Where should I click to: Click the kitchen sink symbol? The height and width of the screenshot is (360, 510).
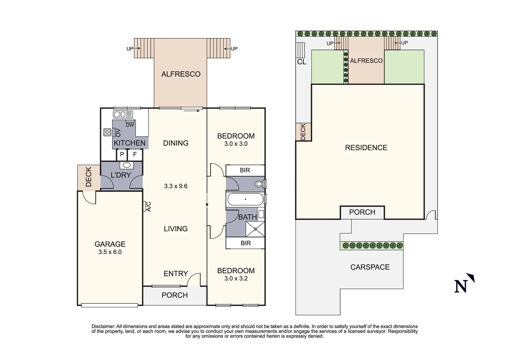pos(123,114)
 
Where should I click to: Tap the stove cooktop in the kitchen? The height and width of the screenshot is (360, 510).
pos(107,132)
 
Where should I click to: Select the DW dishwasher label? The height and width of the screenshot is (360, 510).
pos(130,125)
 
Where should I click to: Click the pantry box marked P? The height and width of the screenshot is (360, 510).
pos(122,155)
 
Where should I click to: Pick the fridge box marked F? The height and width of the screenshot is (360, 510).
pos(135,155)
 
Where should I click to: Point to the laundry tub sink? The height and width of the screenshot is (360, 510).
pos(127,165)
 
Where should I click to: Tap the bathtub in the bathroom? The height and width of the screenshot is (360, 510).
pos(245,199)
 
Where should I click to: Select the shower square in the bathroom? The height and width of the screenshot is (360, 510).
pos(255,229)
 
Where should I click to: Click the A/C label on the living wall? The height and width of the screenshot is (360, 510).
pos(148,206)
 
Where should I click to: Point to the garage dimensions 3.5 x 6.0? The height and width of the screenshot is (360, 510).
pos(110,252)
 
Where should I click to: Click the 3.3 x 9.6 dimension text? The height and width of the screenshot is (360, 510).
pos(176,186)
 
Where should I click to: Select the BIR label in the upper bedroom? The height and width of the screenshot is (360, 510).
pos(245,170)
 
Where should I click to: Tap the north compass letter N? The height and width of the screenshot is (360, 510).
pos(461,286)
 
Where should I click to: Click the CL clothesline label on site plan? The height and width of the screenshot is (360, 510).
pos(302,62)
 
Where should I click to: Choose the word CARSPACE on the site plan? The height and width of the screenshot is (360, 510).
pos(370,267)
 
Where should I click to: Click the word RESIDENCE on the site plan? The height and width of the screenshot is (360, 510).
pos(366,148)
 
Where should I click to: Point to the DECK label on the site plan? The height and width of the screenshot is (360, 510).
pos(303,132)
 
